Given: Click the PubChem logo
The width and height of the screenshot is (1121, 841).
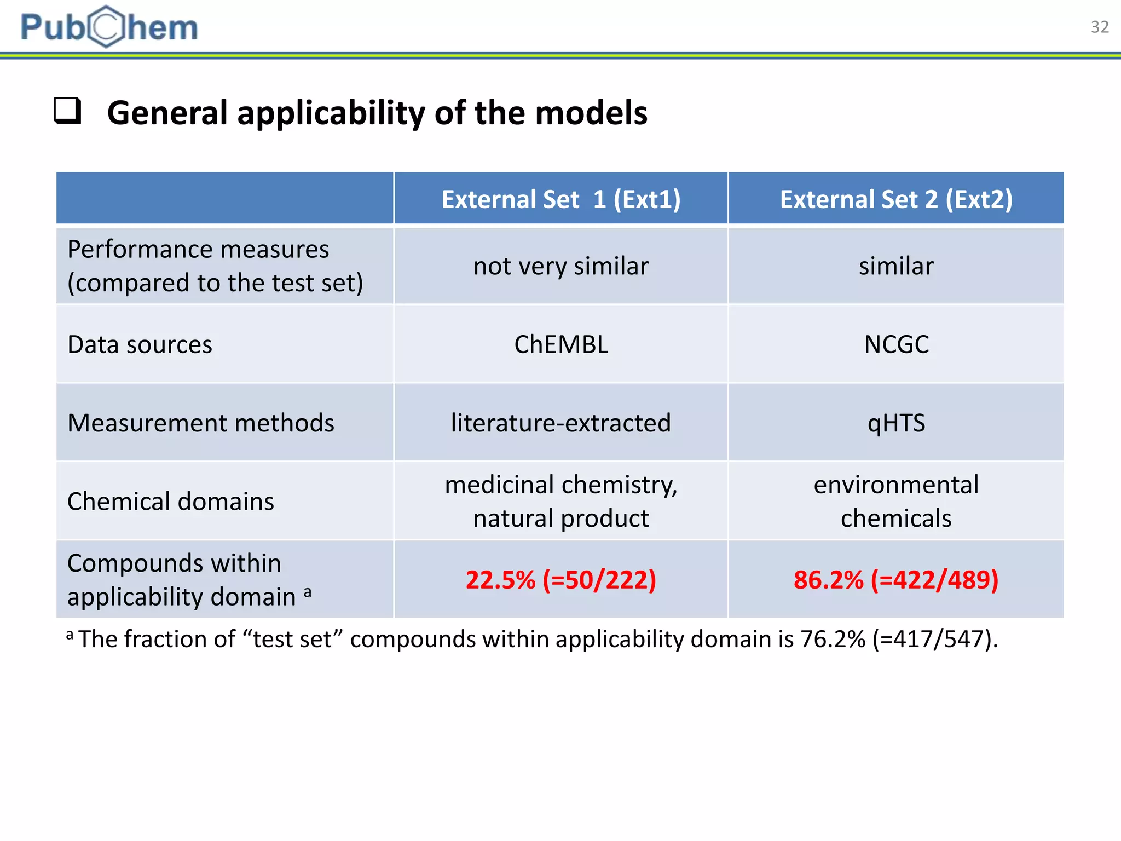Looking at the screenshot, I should pos(109,27).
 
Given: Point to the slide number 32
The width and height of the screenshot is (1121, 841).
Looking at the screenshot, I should pos(1099,27).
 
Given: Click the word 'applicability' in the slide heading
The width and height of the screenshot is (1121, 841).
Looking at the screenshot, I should pos(331,113).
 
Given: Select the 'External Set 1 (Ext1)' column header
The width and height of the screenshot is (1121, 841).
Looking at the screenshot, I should pos(561,199).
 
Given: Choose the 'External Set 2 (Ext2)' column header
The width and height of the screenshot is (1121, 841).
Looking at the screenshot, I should pos(896,199).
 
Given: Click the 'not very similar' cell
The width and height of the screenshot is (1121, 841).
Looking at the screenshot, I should pos(561,266).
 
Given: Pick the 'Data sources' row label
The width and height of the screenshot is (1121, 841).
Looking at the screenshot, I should pos(140,344).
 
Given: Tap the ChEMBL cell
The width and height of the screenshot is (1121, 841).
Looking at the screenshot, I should pos(561,344).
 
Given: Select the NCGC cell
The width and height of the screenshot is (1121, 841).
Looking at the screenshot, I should pos(896,344).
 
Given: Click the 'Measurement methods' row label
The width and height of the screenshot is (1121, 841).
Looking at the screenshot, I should pos(200,423).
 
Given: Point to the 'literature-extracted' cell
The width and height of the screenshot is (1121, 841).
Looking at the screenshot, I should pos(561,423).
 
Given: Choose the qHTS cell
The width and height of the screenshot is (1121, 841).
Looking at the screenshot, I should pos(896,423).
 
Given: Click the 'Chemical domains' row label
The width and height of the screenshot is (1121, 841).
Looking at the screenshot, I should pos(170,502).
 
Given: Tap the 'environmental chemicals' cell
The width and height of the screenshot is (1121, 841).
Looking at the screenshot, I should pos(896,502).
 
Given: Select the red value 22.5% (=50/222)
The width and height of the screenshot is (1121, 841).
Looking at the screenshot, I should pos(561,580).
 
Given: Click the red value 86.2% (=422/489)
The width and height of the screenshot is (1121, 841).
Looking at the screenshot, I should pos(896,580).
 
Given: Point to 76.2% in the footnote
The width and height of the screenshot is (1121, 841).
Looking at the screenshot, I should pos(833,639).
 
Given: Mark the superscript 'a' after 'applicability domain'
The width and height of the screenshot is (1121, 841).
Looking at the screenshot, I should pos(308,591).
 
